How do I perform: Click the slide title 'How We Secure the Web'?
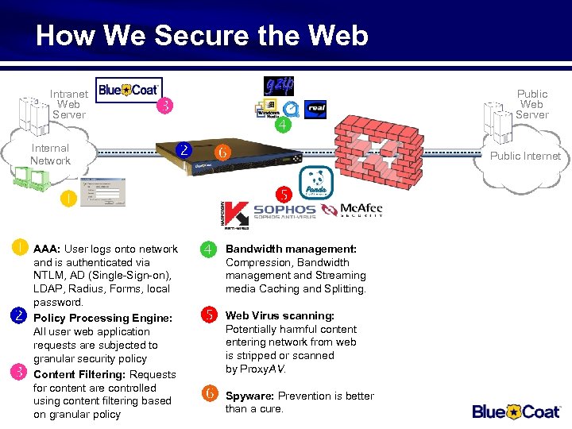point(202,36)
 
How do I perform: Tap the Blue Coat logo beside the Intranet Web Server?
point(129,90)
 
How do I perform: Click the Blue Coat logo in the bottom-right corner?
point(516,411)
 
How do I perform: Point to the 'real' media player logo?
point(315,110)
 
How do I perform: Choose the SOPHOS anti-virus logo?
point(284,211)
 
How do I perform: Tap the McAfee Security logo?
point(361,210)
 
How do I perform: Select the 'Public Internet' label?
point(525,156)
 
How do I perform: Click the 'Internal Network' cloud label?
point(50,154)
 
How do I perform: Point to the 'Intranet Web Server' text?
point(68,104)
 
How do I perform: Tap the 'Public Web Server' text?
point(531,104)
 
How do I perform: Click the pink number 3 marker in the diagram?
point(165,105)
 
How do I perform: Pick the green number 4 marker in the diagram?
point(281,125)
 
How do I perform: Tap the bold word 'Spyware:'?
point(250,396)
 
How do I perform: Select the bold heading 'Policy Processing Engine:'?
point(102,318)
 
